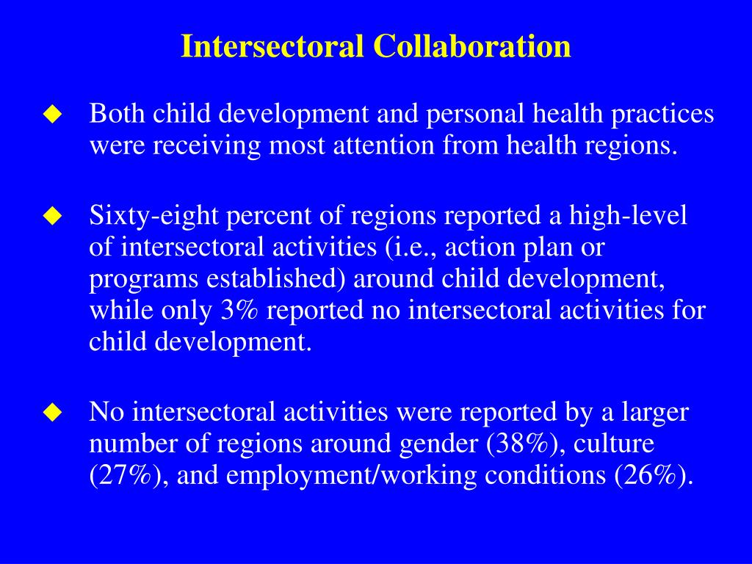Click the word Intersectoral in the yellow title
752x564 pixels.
click(x=272, y=46)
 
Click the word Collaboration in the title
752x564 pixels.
click(x=471, y=46)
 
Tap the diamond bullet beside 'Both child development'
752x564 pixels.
click(x=51, y=115)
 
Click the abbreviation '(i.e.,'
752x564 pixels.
click(x=408, y=247)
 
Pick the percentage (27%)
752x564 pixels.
click(x=127, y=475)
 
